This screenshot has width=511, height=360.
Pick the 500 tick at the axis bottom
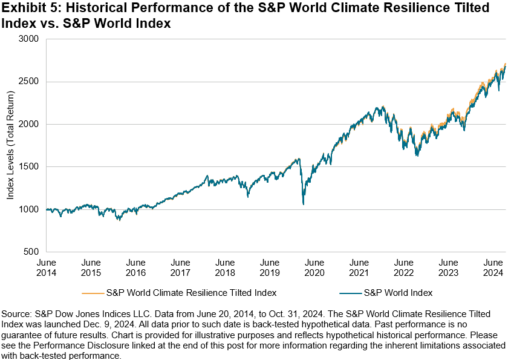32,252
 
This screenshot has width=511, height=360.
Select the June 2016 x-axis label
135,268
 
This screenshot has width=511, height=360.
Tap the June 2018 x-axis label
225,268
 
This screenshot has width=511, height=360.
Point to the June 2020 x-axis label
314,268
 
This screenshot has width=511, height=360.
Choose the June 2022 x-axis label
403,268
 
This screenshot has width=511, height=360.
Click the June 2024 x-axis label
493,268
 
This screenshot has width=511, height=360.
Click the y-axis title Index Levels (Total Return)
10,145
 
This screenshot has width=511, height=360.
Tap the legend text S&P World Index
398,293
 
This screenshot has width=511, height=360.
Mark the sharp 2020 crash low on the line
303,205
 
